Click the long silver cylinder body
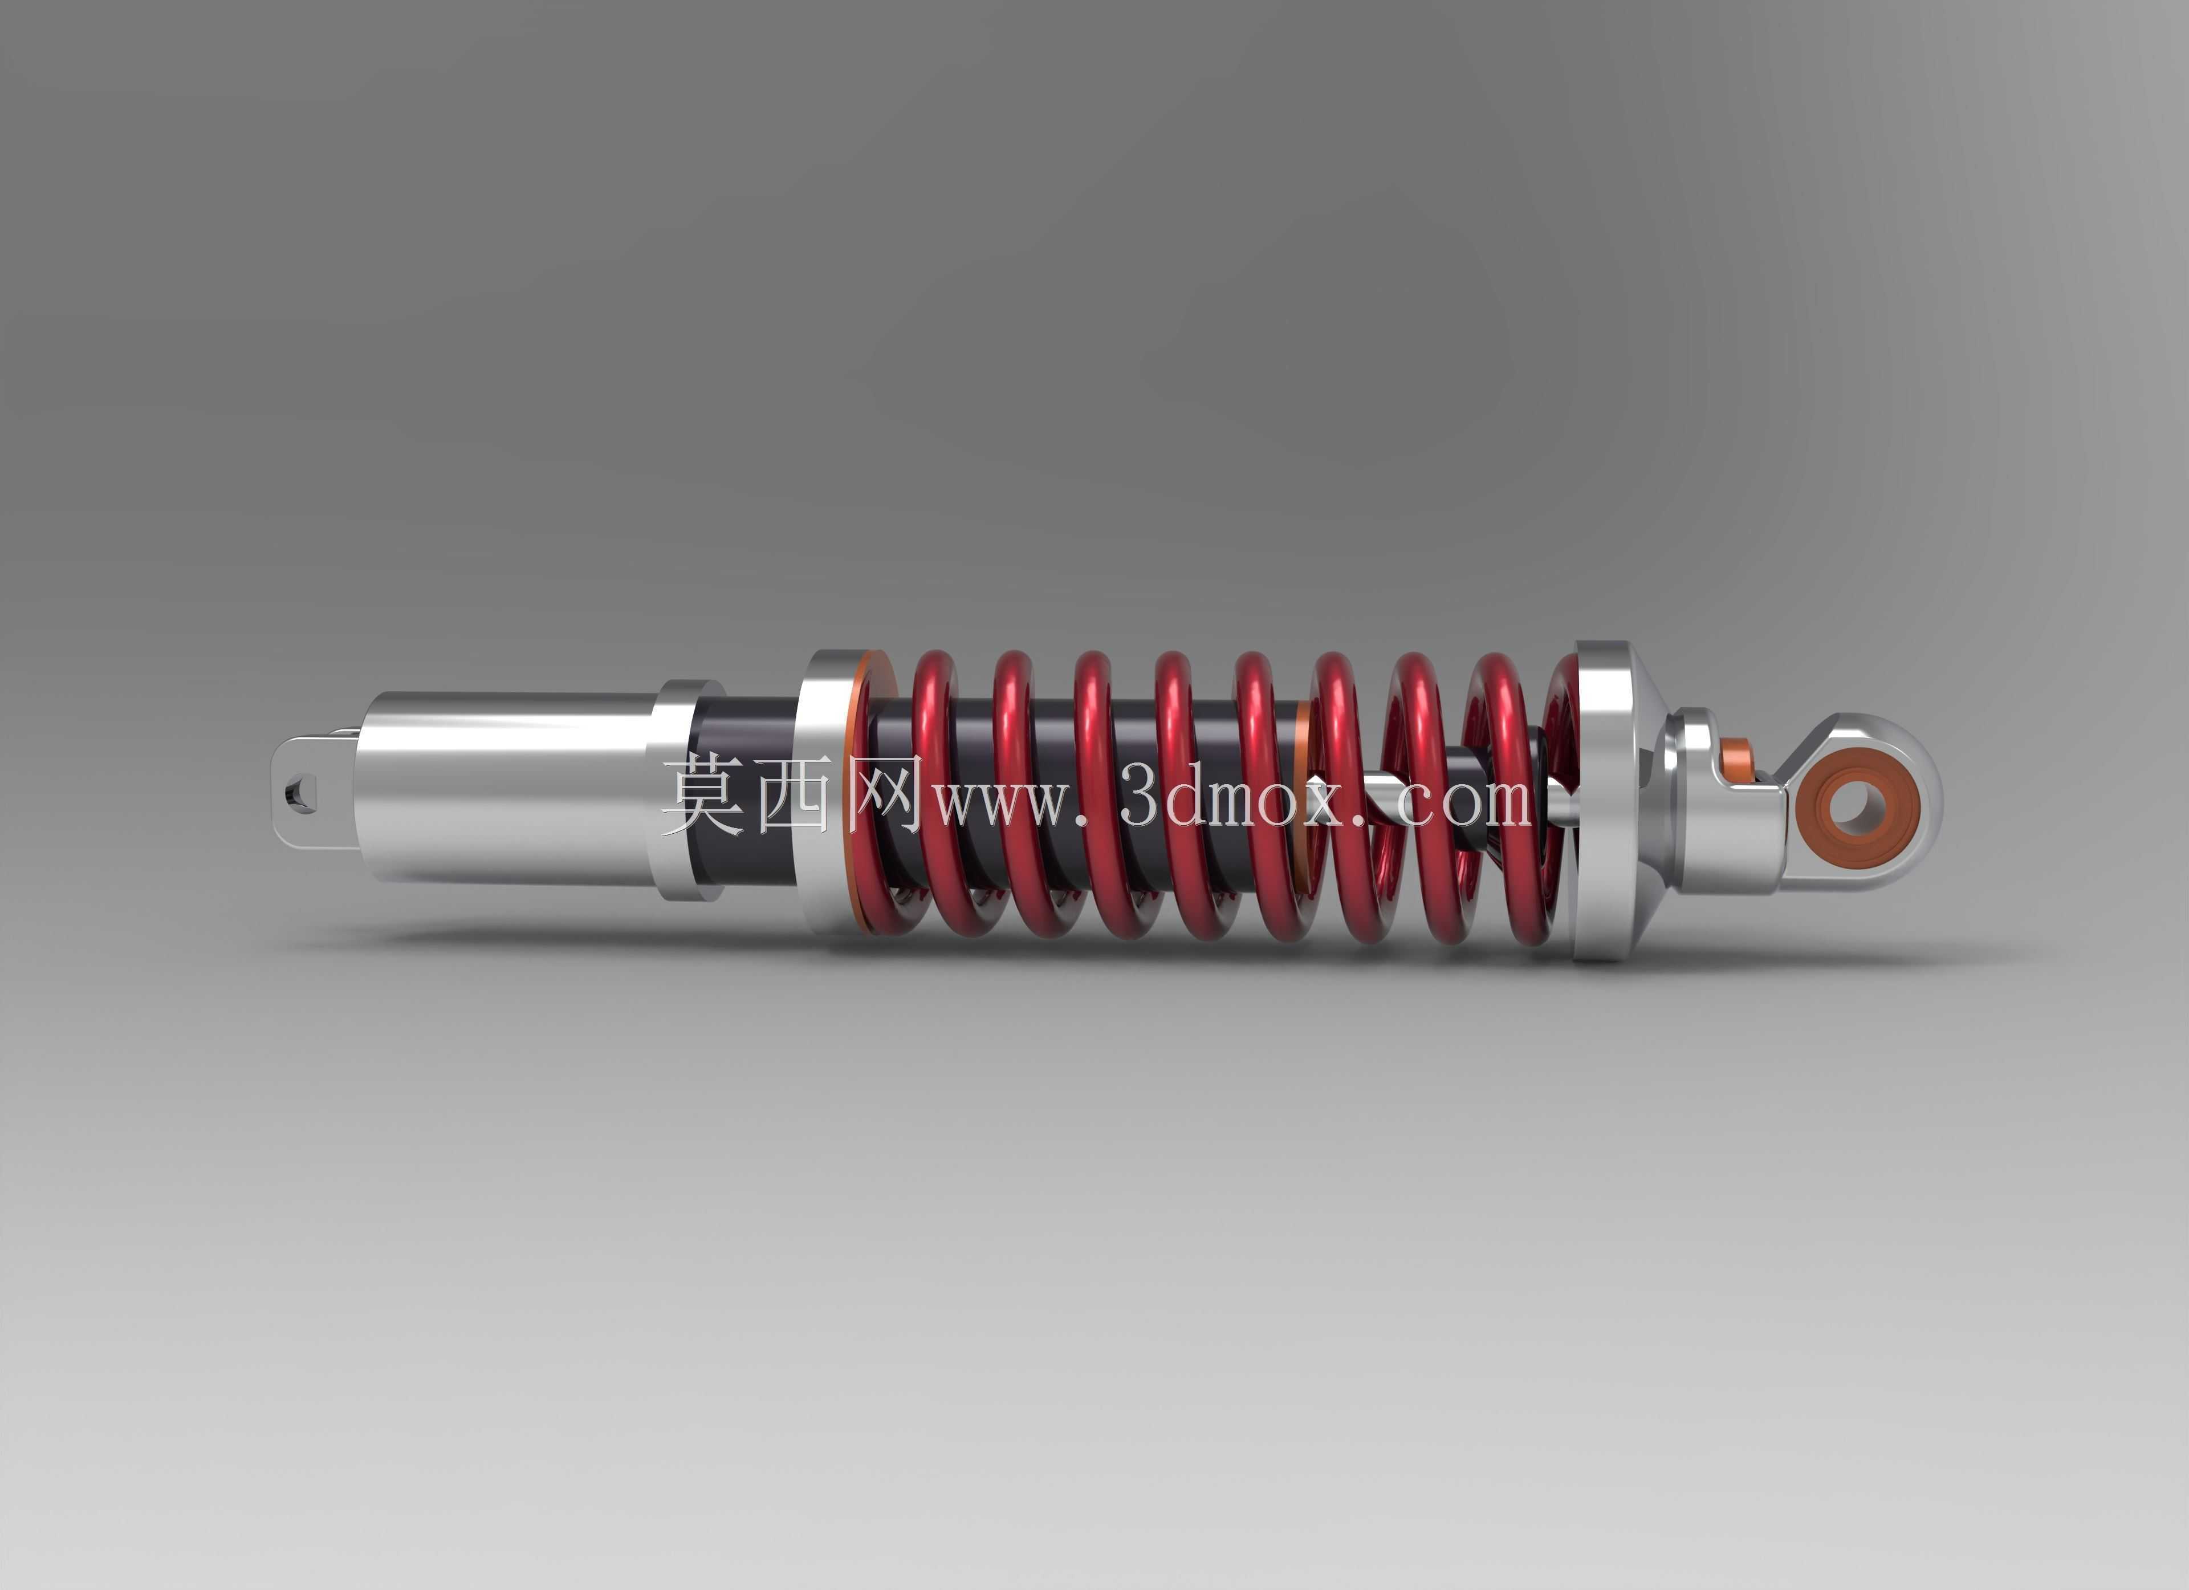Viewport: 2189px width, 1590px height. click(511, 788)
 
